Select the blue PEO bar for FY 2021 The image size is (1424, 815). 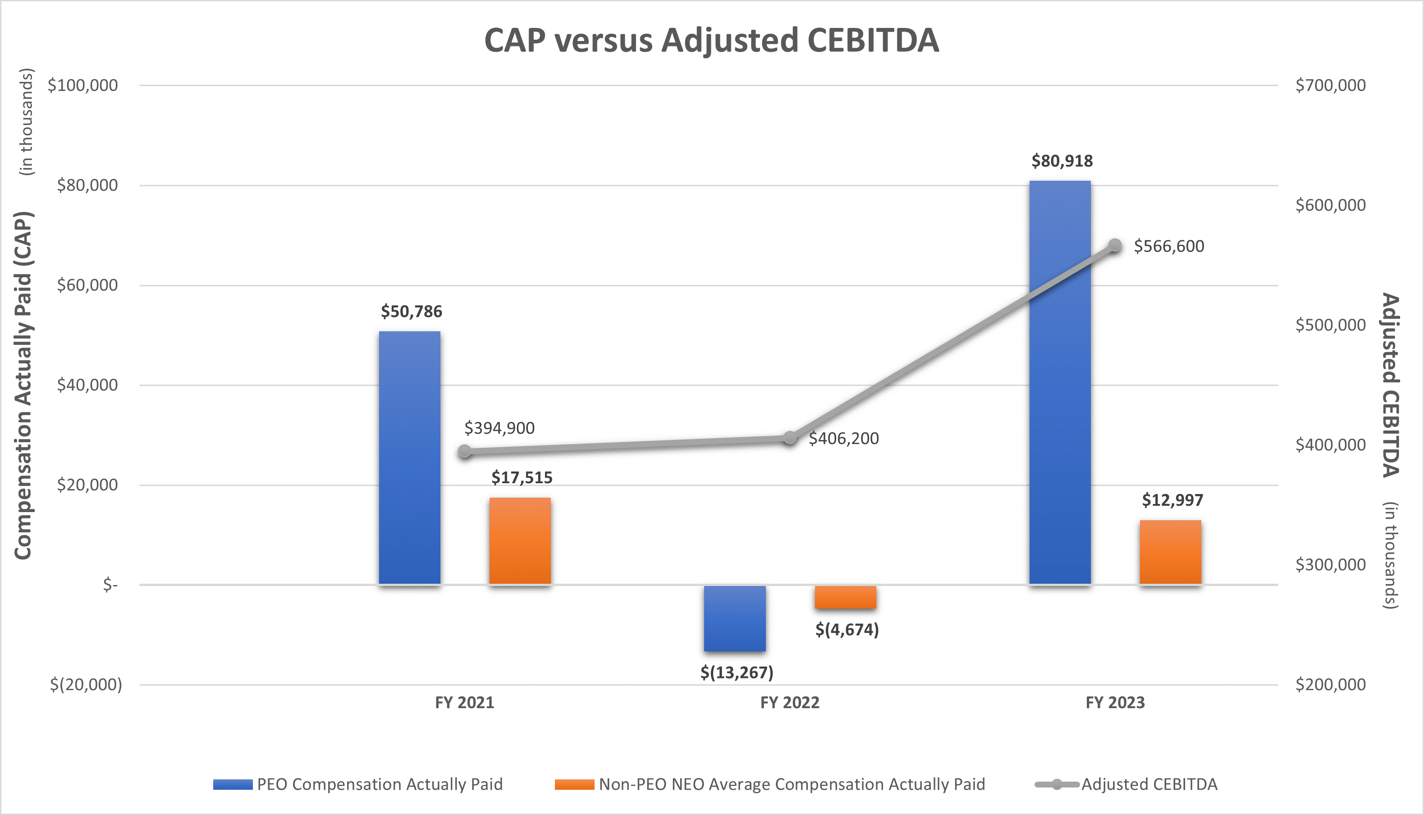(x=409, y=458)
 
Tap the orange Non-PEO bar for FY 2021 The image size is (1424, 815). (x=520, y=541)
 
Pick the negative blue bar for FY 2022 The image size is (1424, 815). (x=734, y=618)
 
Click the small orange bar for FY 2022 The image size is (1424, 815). (x=845, y=597)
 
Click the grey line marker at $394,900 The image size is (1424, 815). (x=465, y=451)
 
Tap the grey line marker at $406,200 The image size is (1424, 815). (x=790, y=438)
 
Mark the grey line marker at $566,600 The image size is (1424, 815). (x=1115, y=246)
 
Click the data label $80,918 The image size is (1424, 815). (x=1062, y=161)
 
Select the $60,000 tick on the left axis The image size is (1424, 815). (x=87, y=285)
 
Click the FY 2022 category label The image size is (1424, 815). (x=789, y=702)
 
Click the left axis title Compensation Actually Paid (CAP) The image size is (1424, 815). (x=23, y=385)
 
